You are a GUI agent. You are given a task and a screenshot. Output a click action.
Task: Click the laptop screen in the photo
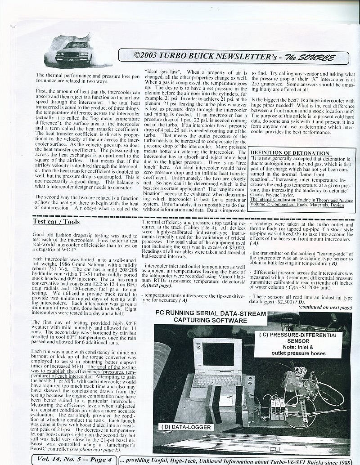point(218,354)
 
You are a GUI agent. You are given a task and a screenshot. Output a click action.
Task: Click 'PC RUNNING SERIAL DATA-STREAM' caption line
point(208,313)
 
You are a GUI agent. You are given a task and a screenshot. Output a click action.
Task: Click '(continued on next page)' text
point(325,307)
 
